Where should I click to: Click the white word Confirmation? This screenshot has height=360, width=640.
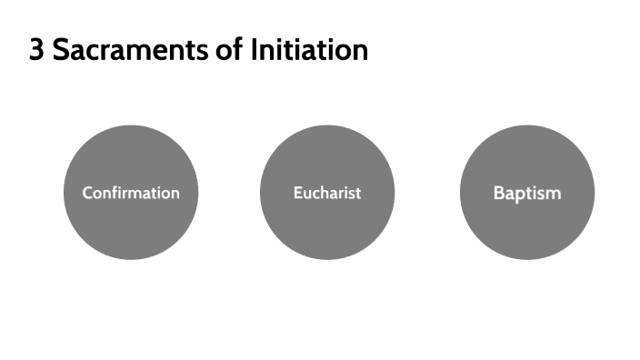point(131,193)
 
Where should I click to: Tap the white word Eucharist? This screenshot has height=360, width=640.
point(327,193)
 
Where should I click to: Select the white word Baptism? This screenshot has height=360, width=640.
point(527,193)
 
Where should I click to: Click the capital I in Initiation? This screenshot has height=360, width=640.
point(251,50)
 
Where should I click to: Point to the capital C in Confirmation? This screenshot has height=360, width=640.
point(87,193)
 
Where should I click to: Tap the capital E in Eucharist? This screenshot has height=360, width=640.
point(297,193)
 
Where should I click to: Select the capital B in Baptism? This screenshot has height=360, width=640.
point(498,193)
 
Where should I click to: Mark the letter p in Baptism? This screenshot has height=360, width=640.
point(520,195)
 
